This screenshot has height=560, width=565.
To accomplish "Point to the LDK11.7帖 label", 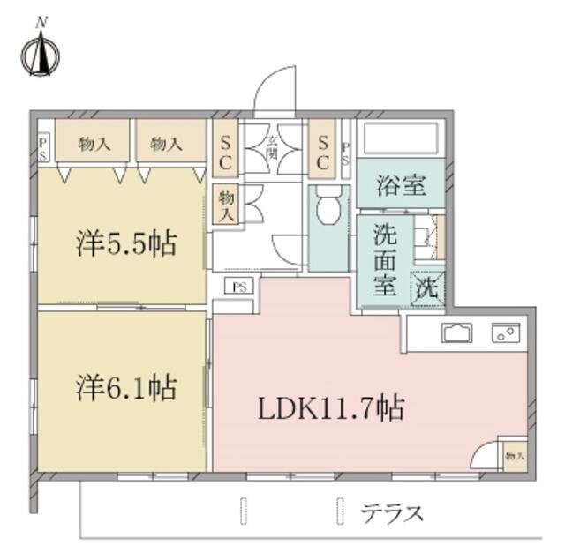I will [x=331, y=408].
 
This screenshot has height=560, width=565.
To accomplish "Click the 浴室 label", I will [x=402, y=187].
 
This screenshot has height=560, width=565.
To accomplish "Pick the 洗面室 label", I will [x=384, y=260].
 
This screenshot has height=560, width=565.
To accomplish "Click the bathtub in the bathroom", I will [x=403, y=139].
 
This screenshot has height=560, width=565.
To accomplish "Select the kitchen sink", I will [x=457, y=333].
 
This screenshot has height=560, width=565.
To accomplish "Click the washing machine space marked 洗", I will [x=426, y=286].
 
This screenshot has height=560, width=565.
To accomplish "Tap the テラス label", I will [x=393, y=512].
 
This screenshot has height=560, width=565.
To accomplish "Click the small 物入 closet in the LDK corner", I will [x=514, y=455].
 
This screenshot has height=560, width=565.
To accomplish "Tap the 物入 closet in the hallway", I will [x=225, y=205].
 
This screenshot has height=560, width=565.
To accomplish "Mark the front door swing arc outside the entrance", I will [x=274, y=91].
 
